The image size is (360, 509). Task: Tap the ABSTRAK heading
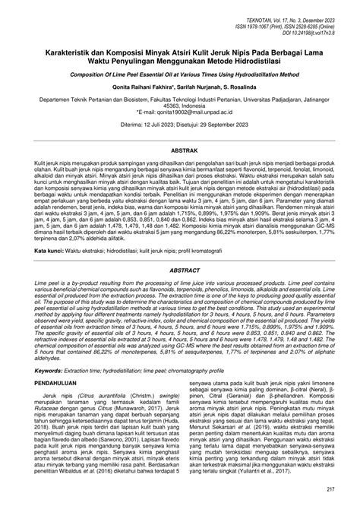click(x=180, y=151)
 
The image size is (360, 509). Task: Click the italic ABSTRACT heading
click(x=180, y=248)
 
